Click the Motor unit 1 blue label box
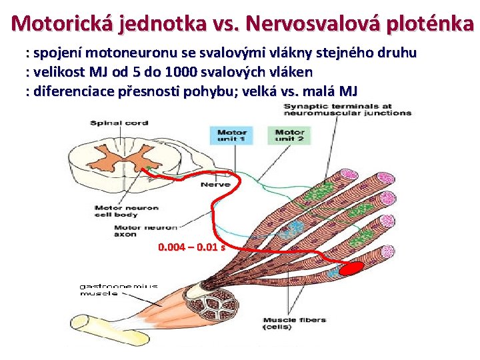[231, 135]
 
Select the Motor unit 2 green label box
[289, 135]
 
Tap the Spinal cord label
[119, 123]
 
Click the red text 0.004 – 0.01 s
[191, 247]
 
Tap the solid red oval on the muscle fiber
[351, 269]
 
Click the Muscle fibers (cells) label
[294, 323]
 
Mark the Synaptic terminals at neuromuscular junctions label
[347, 110]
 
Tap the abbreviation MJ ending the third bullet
[348, 91]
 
